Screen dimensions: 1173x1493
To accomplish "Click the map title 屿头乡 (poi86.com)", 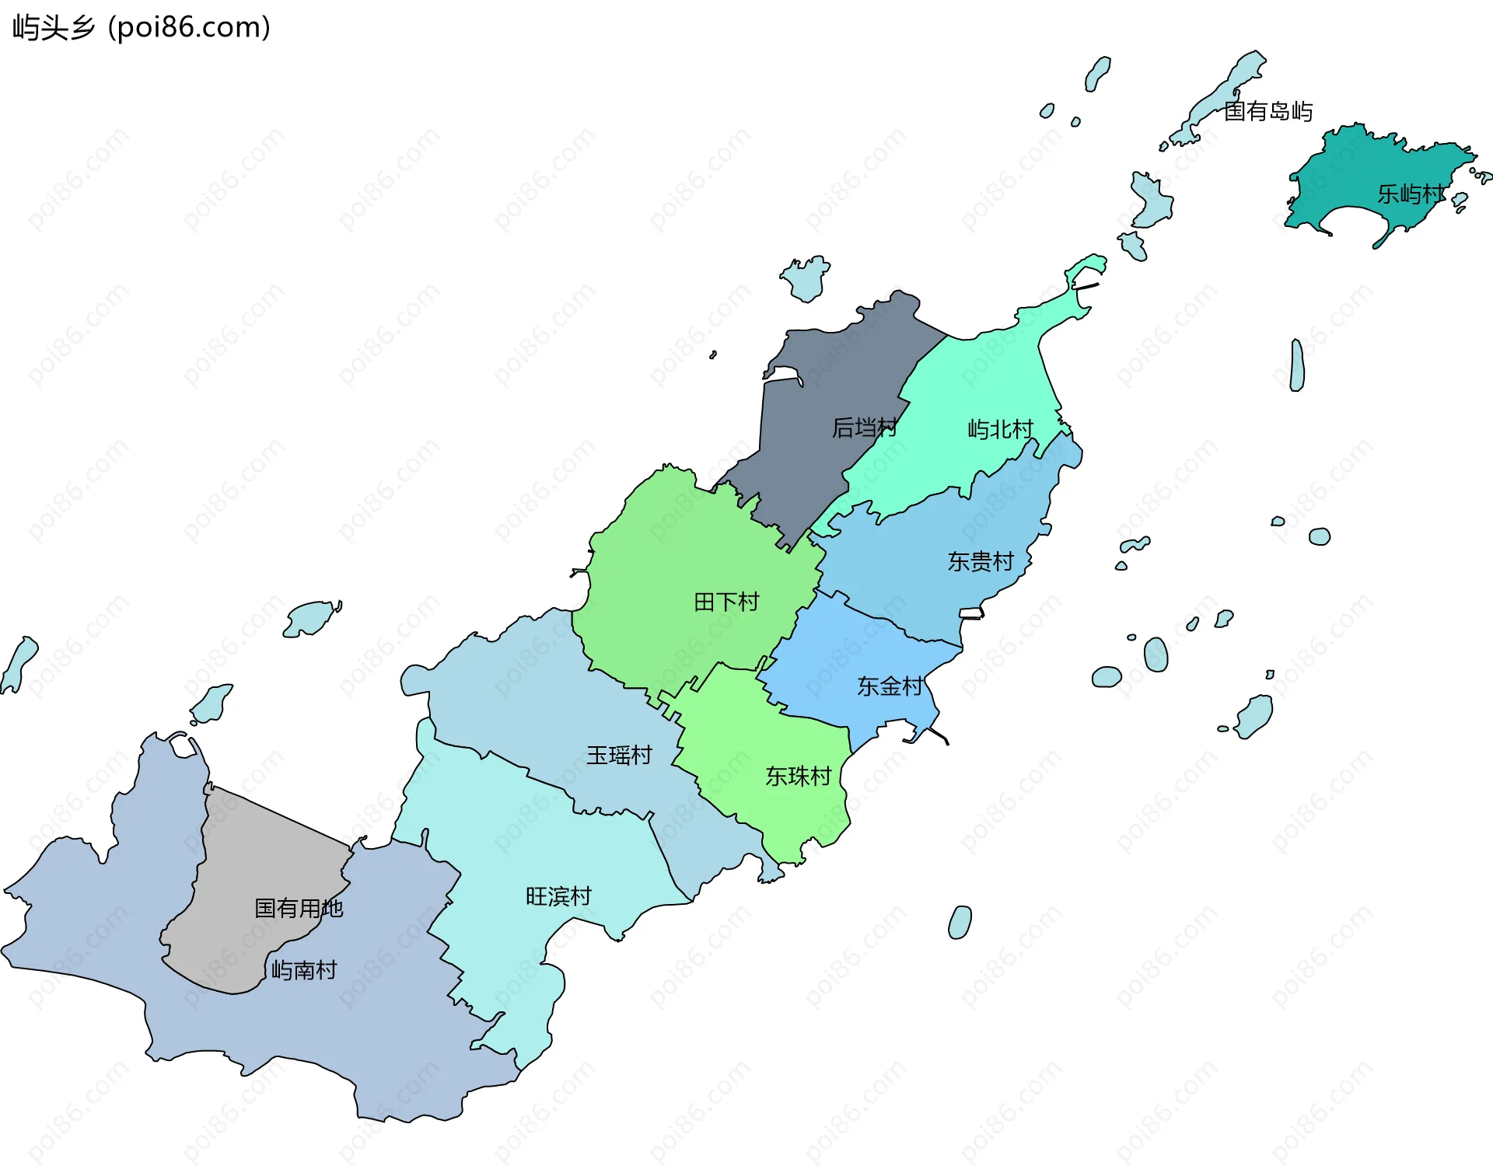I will coord(142,27).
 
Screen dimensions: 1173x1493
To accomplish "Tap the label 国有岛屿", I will coord(1267,112).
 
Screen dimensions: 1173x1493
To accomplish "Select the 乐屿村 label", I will coord(1411,194).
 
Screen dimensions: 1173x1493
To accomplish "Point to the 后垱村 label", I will coord(864,428).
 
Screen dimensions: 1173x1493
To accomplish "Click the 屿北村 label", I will coord(1000,429).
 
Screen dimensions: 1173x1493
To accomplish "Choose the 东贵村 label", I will coord(981,561).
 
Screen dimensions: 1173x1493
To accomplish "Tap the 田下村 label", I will coord(726,602).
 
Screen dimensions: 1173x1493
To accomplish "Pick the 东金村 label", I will coord(890,686).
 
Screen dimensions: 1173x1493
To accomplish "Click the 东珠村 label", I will coord(798,776).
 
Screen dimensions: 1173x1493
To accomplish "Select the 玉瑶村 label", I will coord(619,755).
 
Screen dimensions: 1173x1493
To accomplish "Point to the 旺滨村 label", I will coord(558,896).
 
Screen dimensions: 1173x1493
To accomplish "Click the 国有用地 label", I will coord(299,908).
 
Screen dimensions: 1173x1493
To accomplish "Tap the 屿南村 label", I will coord(304,970).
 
